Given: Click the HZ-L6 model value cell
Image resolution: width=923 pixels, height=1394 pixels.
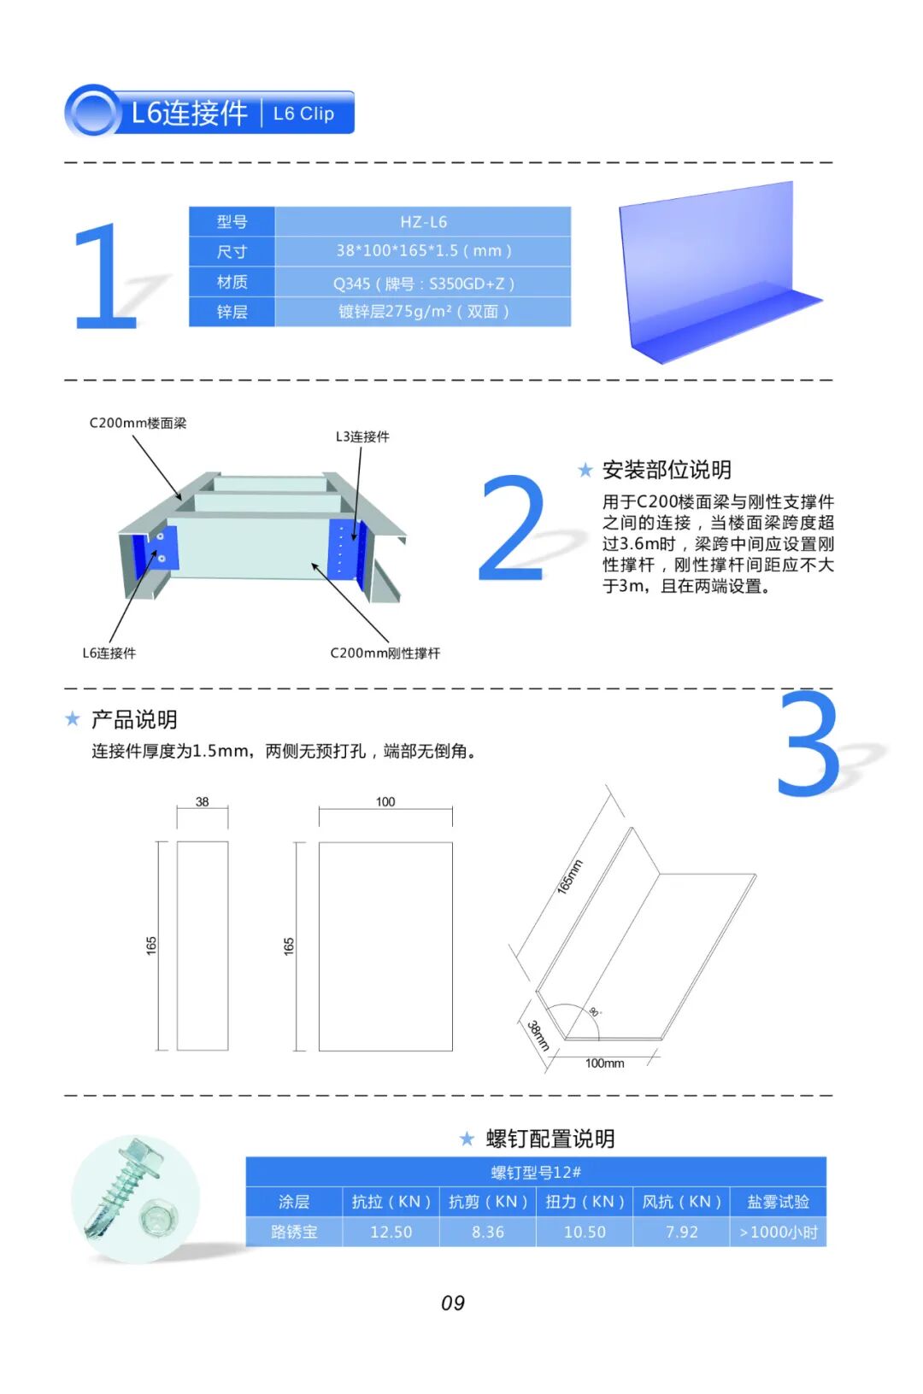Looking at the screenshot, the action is pyautogui.click(x=423, y=221).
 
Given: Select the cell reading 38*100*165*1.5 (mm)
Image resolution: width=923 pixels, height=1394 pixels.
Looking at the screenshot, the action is pyautogui.click(x=423, y=251).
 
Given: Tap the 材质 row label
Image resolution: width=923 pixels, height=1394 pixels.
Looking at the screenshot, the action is pyautogui.click(x=232, y=282).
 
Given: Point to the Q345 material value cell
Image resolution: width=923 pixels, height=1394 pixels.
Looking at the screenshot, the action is pyautogui.click(x=423, y=283).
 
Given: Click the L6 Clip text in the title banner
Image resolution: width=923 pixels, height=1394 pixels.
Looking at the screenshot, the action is pyautogui.click(x=304, y=114).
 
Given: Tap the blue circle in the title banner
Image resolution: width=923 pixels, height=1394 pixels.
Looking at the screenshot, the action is pyautogui.click(x=93, y=112).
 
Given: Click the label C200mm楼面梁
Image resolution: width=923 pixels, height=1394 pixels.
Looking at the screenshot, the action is pyautogui.click(x=138, y=423).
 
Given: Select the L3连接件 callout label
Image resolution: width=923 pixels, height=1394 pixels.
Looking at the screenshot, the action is pyautogui.click(x=362, y=436).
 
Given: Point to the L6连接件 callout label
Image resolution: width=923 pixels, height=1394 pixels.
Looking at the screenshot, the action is pyautogui.click(x=109, y=653).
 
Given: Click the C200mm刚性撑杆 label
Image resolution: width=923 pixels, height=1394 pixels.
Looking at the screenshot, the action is pyautogui.click(x=385, y=653).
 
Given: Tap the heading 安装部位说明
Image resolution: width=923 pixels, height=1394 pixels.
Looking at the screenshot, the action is pyautogui.click(x=667, y=470).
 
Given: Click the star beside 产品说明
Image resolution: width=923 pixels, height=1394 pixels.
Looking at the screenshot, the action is pyautogui.click(x=73, y=719).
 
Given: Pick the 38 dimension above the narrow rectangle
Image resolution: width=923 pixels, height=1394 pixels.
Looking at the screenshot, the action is pyautogui.click(x=202, y=801).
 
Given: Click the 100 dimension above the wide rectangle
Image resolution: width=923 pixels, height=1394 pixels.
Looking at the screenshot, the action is pyautogui.click(x=385, y=801).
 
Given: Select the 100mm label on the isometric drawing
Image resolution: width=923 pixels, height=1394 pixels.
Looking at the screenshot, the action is pyautogui.click(x=604, y=1063).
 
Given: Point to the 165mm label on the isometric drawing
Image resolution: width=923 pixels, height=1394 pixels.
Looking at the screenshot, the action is pyautogui.click(x=570, y=876).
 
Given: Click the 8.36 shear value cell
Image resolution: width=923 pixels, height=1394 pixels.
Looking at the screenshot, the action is pyautogui.click(x=488, y=1232).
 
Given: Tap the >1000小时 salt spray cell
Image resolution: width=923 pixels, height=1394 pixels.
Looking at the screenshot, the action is pyautogui.click(x=778, y=1232).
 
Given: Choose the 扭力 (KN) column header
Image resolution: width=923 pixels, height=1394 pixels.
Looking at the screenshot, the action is pyautogui.click(x=585, y=1201).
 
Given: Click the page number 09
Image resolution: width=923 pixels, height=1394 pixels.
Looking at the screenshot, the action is pyautogui.click(x=453, y=1303).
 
